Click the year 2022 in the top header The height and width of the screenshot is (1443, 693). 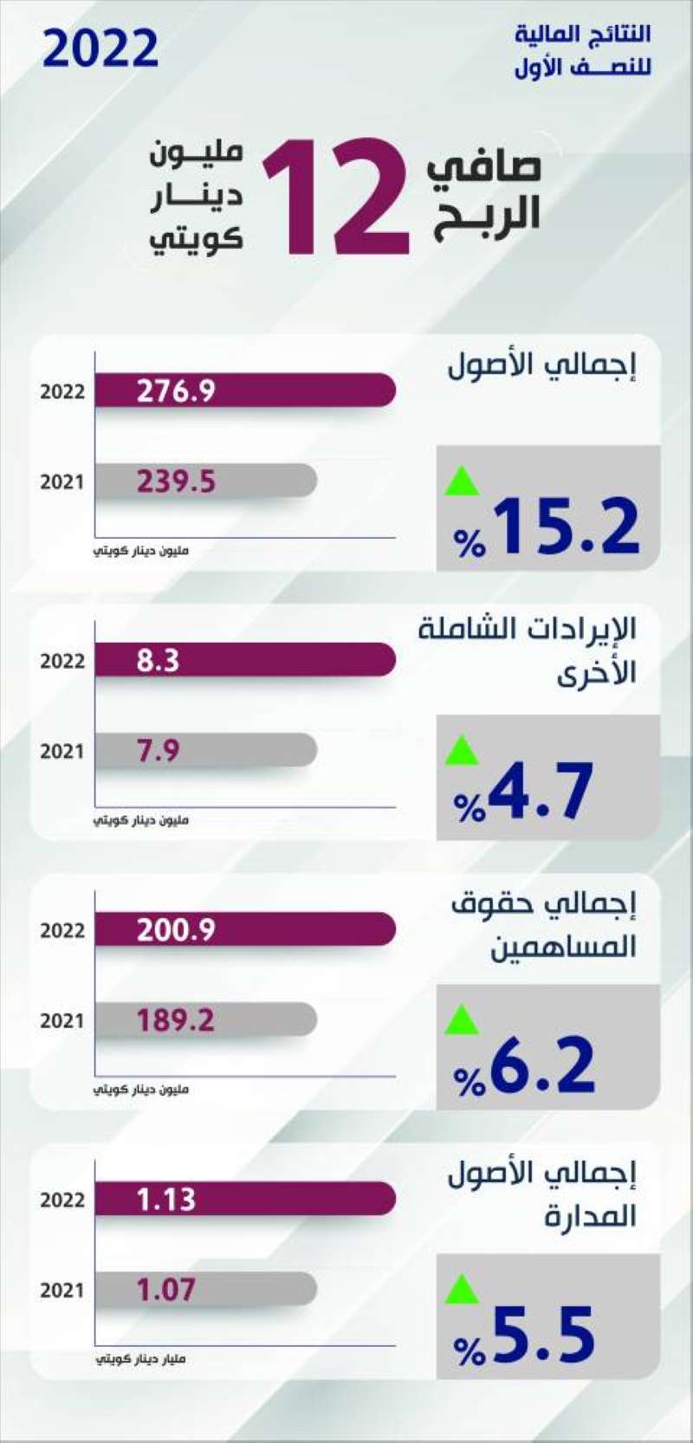100,49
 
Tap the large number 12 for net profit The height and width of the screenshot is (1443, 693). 336,197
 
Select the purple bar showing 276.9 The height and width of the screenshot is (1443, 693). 244,391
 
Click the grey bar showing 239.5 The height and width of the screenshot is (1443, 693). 205,481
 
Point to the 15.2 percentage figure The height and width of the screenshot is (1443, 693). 566,526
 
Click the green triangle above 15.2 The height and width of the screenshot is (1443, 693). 462,481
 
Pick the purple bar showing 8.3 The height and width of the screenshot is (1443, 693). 244,660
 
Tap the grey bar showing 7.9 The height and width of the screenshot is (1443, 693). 205,750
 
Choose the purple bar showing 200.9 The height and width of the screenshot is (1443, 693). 244,929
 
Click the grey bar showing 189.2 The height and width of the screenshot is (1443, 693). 205,1019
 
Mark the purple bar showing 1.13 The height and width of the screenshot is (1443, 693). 244,1199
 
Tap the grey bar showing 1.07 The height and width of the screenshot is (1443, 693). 205,1289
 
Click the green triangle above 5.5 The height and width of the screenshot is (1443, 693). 462,1290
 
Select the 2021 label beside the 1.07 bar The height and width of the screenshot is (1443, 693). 62,1291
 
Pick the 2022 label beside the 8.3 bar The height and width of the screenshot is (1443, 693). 62,661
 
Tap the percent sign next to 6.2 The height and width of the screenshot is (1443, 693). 470,1081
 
